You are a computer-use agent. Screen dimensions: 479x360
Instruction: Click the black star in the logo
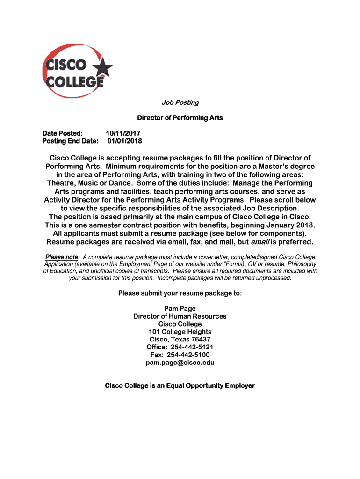103,69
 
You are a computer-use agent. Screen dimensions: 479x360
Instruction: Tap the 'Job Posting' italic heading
180,102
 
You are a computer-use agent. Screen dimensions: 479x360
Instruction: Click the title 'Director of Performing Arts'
180,118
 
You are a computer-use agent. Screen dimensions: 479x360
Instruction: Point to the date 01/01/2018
124,141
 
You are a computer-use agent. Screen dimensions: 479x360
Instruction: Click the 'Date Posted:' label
63,133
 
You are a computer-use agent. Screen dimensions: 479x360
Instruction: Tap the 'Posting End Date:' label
71,141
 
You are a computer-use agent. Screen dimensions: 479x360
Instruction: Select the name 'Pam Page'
180,309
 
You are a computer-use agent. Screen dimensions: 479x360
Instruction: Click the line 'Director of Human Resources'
180,316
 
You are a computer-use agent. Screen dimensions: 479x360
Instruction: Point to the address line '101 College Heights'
180,332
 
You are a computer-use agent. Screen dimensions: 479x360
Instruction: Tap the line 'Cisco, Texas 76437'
180,339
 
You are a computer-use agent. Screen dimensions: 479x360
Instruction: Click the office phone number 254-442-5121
192,347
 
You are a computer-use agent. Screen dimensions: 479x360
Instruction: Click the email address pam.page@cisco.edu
180,363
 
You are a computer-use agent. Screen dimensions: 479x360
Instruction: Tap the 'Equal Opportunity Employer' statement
180,385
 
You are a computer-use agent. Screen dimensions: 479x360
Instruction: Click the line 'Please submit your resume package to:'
180,293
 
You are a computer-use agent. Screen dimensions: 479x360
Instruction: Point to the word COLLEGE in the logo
73,82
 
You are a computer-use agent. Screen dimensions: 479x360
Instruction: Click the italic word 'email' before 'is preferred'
260,242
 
